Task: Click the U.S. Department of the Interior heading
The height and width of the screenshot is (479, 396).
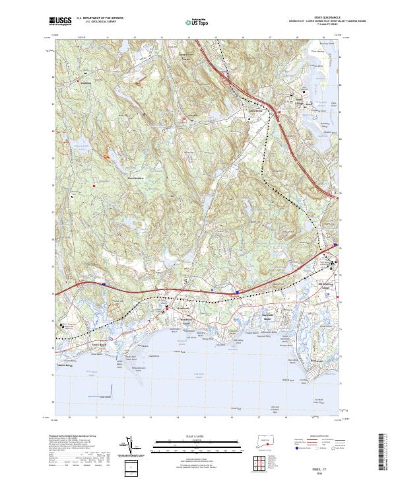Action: pos(100,18)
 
